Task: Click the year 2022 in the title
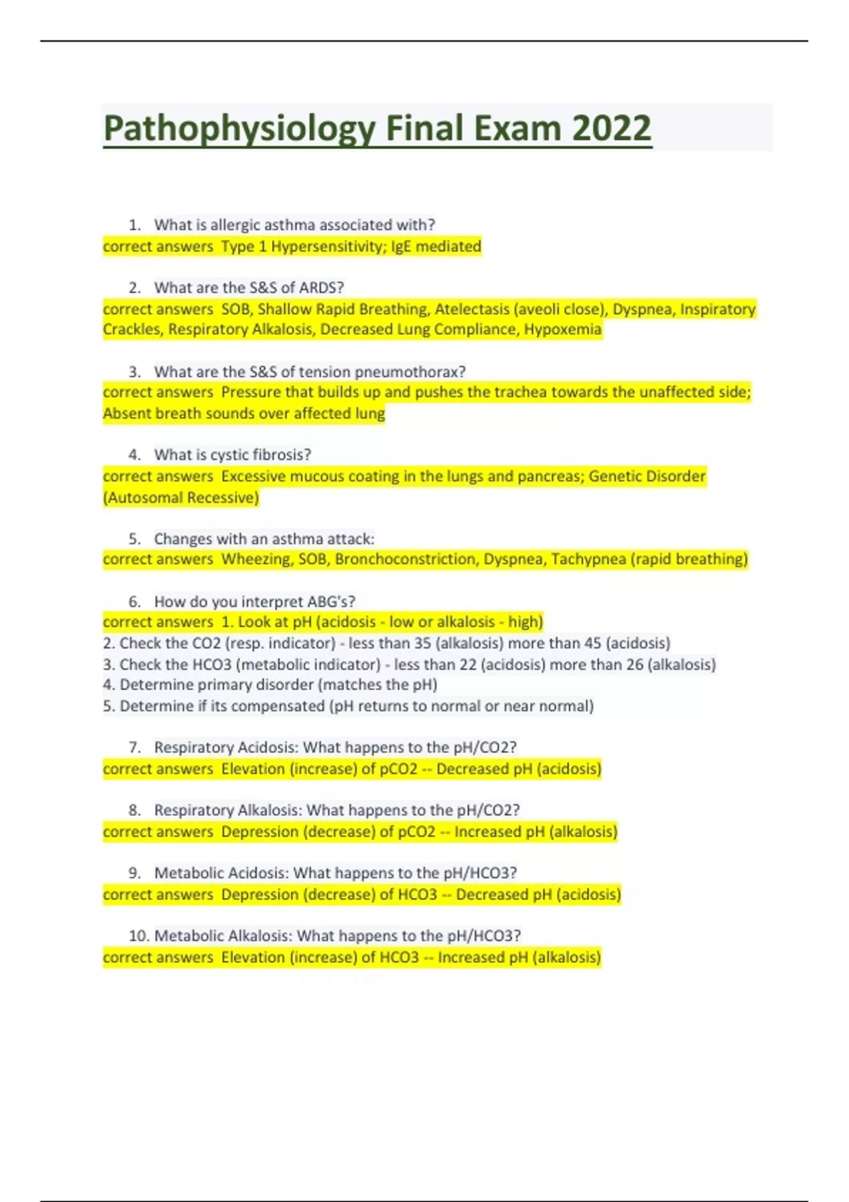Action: [x=611, y=129]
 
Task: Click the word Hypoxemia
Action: [x=562, y=329]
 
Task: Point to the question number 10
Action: [x=139, y=936]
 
